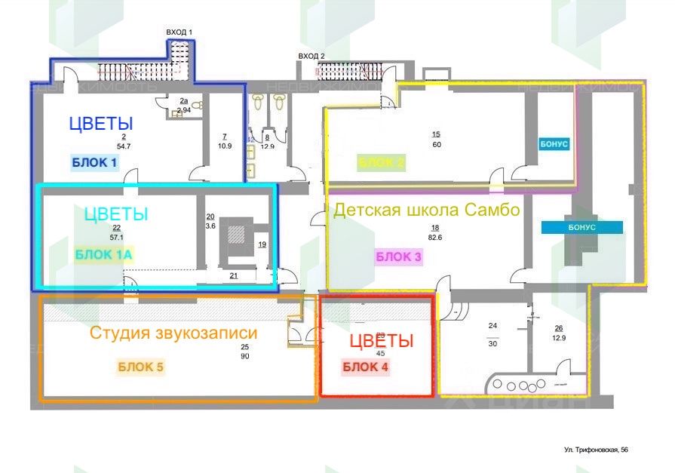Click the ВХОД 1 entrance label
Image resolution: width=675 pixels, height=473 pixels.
coord(179,32)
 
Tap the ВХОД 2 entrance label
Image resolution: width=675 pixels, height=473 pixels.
coord(311,56)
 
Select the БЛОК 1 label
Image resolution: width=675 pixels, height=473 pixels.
coord(94,162)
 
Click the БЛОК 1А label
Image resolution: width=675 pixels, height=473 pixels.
coord(104,254)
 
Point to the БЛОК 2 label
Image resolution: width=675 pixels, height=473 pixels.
coord(382,162)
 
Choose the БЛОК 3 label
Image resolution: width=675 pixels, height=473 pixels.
coord(398,256)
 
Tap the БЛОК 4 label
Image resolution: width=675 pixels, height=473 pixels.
coord(367,367)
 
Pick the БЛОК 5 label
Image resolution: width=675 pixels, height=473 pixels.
coord(140,367)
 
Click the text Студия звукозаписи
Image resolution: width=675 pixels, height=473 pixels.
coord(173,333)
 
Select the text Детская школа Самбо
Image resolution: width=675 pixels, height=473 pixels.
coord(427,210)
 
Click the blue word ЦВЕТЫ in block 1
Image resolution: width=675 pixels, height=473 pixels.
coord(101,124)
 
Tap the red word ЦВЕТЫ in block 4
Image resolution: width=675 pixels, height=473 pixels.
coord(382,341)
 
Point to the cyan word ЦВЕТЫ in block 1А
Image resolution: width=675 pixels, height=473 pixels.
coord(115,214)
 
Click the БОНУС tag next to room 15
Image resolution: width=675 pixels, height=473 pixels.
coord(554,143)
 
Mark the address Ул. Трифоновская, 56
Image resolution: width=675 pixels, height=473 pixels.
coord(596,450)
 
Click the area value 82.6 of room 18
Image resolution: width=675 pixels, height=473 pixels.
coord(435,238)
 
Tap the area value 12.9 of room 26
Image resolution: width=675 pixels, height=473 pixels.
coord(558,338)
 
